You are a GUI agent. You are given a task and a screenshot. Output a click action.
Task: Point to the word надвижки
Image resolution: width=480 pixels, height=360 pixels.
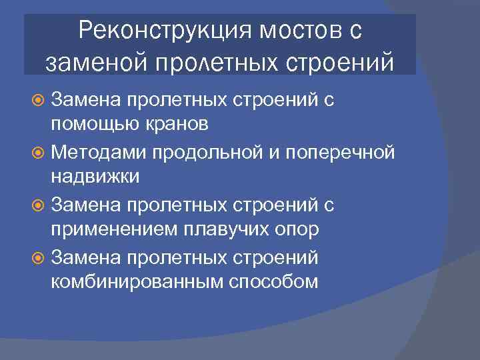click(95, 178)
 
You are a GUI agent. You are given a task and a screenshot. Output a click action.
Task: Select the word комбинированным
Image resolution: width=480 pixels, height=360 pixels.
click(137, 282)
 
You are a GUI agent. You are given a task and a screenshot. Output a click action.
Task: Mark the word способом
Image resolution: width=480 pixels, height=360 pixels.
click(273, 282)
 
